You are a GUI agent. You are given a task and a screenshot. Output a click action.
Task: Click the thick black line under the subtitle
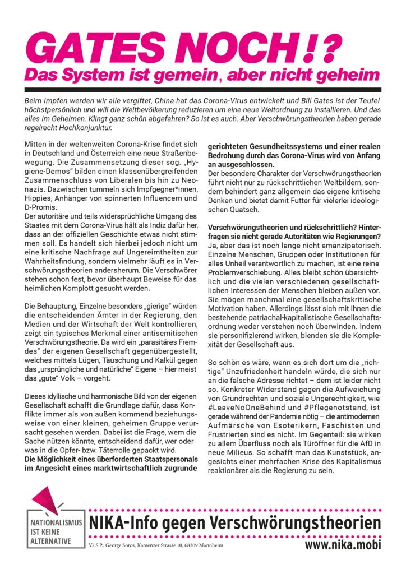(x=203, y=90)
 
